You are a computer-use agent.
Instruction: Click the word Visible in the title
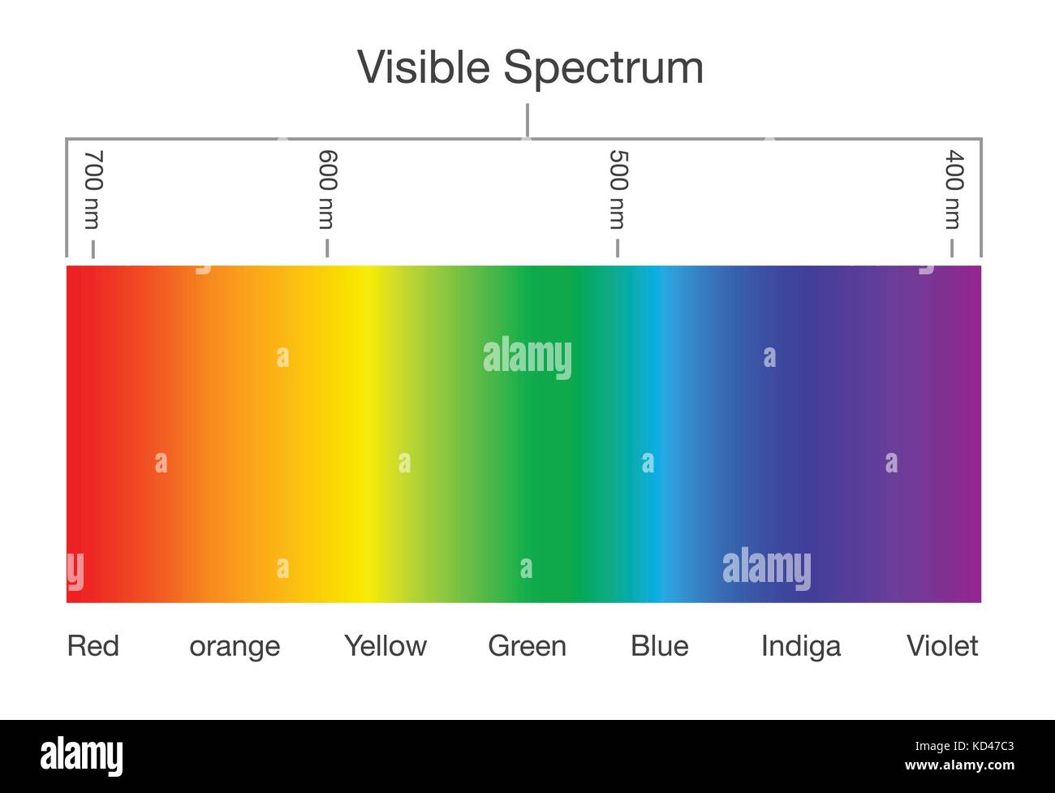[424, 67]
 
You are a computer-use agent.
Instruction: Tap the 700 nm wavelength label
[93, 189]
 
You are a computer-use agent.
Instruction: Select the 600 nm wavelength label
[327, 189]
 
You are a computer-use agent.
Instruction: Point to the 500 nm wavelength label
[618, 189]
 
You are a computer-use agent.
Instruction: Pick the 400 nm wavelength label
[954, 189]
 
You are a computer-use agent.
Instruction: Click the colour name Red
[93, 646]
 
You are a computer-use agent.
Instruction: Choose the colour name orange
[235, 647]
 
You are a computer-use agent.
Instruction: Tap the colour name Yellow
[385, 646]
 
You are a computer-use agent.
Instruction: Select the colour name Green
[527, 646]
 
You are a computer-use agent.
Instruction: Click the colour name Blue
[660, 646]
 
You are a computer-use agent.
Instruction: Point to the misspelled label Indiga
[801, 647]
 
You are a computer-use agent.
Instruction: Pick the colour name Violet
[942, 646]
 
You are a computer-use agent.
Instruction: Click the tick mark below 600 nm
[327, 248]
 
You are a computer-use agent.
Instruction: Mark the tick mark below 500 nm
[618, 248]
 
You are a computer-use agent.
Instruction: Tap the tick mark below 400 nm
[952, 248]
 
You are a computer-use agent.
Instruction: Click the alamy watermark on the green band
[527, 358]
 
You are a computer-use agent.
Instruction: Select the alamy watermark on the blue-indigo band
[766, 568]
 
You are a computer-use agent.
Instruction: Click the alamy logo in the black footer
[82, 756]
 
